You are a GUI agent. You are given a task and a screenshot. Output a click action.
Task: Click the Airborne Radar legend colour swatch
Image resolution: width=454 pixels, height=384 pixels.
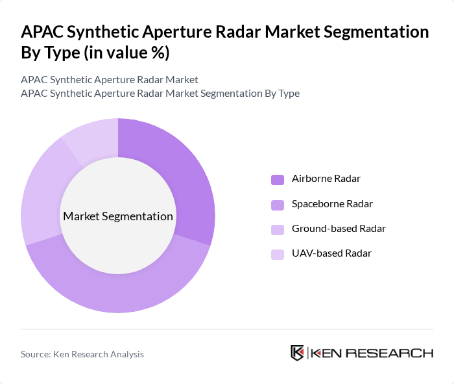point(277,179)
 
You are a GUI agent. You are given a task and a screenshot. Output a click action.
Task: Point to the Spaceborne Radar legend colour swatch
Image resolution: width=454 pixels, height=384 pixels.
point(277,205)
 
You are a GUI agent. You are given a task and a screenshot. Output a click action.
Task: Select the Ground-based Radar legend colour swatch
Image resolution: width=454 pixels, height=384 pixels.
point(277,229)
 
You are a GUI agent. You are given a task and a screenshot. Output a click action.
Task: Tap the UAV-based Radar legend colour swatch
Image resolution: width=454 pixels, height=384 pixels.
point(277,254)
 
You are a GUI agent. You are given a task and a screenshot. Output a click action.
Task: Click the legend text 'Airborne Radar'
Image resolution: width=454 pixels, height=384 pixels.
point(326,179)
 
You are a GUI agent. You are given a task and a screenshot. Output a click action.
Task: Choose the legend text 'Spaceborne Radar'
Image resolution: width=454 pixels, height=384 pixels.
point(332,204)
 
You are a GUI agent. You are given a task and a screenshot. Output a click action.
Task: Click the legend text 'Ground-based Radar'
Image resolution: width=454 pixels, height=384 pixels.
point(339,229)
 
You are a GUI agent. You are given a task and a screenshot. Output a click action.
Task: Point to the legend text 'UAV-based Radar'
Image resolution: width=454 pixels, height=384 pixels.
point(331,253)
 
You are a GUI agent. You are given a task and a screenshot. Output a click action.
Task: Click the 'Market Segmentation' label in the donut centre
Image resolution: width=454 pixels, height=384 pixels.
point(118,216)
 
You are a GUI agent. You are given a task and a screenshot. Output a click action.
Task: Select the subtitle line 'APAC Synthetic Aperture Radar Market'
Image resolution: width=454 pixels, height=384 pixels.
point(110,80)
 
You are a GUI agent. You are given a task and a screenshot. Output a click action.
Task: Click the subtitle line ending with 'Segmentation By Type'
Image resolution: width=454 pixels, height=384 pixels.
point(160,94)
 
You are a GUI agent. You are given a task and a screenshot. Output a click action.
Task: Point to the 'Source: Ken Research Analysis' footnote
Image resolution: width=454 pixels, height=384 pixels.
point(82,354)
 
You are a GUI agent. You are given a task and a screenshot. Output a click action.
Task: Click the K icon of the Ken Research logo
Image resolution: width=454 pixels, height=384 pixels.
point(298,353)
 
